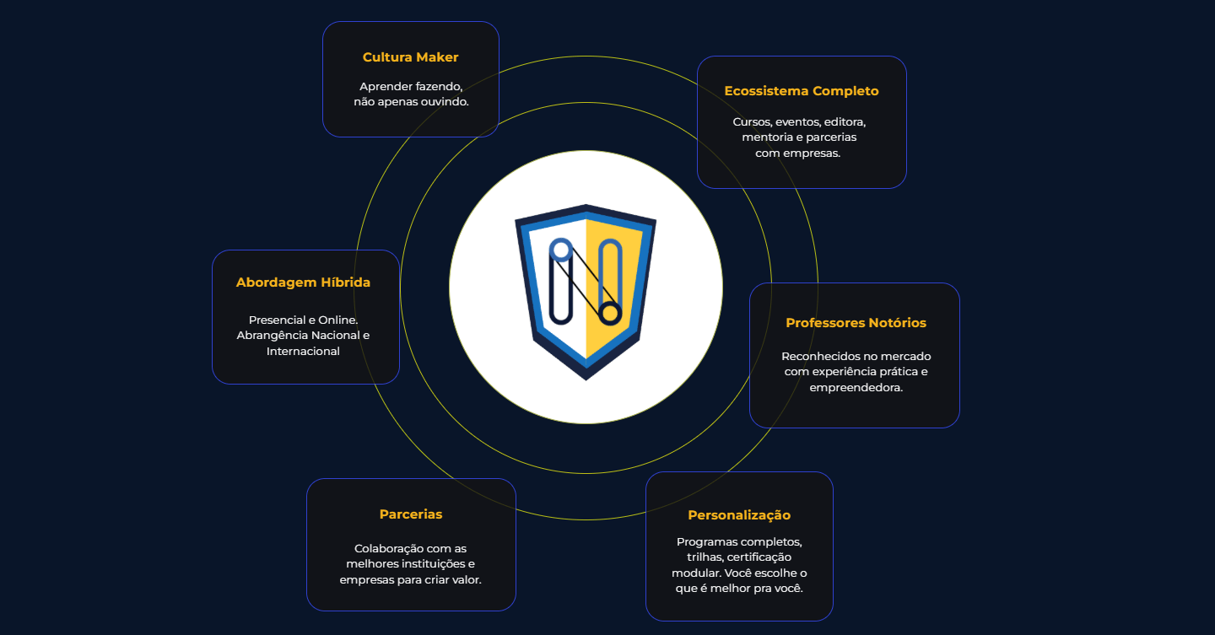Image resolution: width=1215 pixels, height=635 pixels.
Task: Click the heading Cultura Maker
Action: click(410, 57)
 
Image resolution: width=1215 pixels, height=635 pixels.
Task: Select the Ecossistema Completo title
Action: click(802, 91)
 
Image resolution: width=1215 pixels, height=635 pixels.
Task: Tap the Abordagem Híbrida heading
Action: click(303, 283)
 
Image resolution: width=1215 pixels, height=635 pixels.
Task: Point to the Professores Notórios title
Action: click(856, 323)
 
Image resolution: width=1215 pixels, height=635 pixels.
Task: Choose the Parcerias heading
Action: click(411, 514)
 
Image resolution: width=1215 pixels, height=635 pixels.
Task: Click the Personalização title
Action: click(739, 515)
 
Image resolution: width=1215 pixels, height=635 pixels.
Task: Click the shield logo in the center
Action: click(586, 293)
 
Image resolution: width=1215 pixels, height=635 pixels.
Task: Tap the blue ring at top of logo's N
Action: click(561, 250)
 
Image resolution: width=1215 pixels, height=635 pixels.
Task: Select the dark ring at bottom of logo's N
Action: click(610, 313)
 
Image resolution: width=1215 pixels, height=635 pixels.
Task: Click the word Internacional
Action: click(303, 352)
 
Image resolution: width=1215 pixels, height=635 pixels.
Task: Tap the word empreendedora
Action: click(856, 388)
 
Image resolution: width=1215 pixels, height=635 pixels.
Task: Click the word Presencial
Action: click(277, 320)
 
